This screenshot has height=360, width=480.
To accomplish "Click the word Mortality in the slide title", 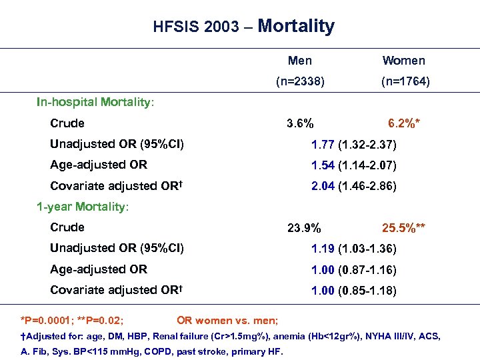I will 295,27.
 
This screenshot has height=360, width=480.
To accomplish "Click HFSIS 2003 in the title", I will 195,28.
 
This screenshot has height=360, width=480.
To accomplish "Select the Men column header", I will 300,61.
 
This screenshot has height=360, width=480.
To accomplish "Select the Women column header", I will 403,61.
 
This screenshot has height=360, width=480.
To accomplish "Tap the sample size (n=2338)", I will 301,82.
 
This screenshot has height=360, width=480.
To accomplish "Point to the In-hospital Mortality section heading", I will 95,103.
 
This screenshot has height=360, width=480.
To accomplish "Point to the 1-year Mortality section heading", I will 83,207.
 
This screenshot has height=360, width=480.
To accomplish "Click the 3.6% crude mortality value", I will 301,123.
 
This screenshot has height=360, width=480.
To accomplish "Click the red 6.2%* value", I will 403,123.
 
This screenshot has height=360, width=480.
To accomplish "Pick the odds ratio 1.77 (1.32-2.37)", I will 353,144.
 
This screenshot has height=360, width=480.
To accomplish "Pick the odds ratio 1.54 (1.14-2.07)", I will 353,165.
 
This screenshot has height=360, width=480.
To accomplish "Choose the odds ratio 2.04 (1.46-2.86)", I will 353,186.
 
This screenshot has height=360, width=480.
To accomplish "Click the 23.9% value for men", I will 303,228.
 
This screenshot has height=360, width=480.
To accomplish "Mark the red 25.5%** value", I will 403,228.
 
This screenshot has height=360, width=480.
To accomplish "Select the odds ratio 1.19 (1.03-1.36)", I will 353,249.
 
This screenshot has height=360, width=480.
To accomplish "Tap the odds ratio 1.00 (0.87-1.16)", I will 353,269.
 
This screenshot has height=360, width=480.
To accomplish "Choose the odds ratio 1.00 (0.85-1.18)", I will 353,290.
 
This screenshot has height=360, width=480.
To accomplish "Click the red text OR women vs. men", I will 227,321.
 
